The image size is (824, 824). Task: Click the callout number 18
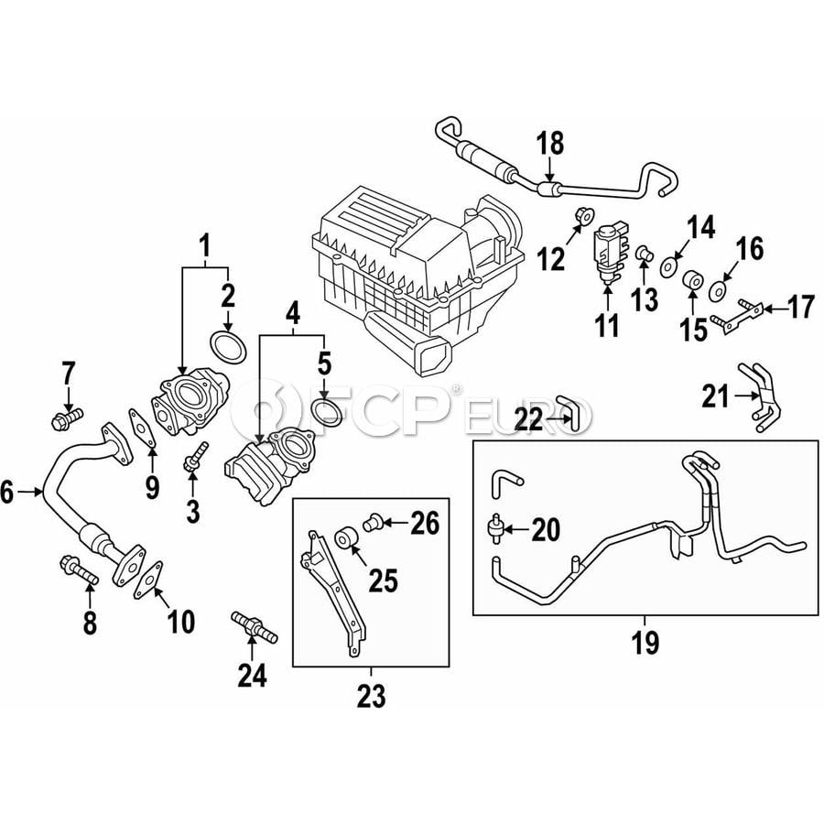(550, 143)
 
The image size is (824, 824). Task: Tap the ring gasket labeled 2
(228, 347)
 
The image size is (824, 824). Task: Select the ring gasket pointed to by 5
(326, 413)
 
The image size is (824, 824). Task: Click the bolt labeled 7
(67, 417)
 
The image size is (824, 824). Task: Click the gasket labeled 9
(142, 428)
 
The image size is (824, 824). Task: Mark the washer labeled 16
(717, 291)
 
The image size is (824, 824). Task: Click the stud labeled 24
(255, 626)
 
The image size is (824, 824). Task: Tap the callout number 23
(372, 697)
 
